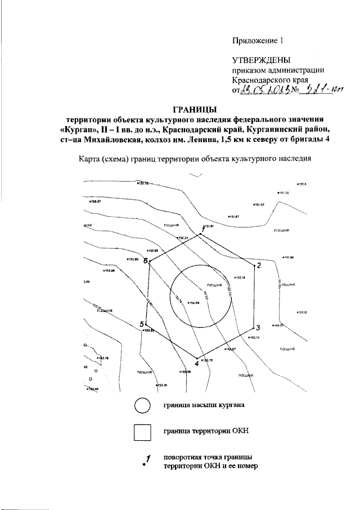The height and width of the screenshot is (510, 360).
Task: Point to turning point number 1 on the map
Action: click(200, 235)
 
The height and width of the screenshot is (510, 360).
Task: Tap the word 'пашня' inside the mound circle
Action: click(214, 285)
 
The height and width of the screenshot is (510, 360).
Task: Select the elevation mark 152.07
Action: click(94, 200)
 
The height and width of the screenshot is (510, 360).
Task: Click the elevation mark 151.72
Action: click(283, 193)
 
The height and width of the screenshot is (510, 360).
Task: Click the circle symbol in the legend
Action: click(142, 405)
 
